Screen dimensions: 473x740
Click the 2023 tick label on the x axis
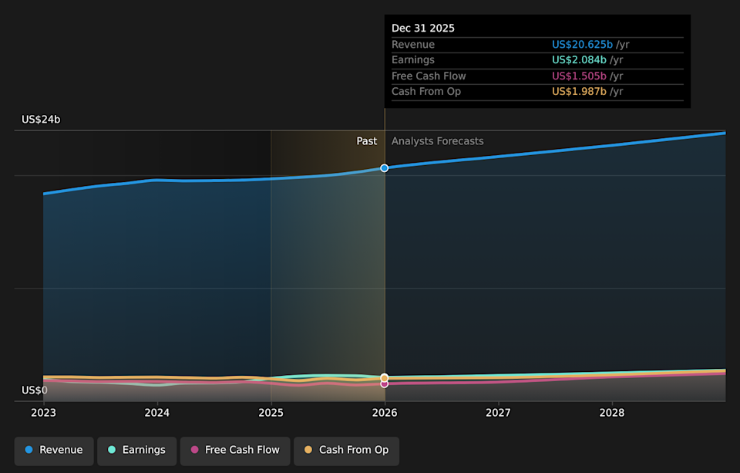pos(43,413)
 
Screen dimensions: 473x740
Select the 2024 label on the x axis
pos(157,413)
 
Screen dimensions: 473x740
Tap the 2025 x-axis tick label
pos(271,413)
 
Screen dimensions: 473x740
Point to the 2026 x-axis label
pos(385,413)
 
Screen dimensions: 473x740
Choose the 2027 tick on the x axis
pos(498,413)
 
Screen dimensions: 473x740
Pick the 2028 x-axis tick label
pos(612,413)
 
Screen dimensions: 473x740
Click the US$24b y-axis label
pos(41,120)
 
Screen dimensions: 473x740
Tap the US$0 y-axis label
pos(34,390)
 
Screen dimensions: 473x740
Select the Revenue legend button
pos(54,450)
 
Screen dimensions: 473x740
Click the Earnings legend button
pos(136,450)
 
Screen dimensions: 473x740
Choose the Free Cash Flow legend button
pos(235,450)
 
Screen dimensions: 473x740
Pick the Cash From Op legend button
pos(346,450)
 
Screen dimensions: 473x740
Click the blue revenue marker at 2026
pos(385,167)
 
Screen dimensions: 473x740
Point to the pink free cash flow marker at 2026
pos(385,383)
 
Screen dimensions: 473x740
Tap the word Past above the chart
pos(367,141)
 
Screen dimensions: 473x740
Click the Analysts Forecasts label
pos(437,141)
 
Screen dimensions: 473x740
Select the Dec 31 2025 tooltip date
pos(423,29)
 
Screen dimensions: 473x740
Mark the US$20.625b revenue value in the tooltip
pos(582,45)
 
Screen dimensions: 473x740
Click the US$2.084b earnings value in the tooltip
pos(579,60)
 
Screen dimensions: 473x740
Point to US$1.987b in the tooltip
pos(579,92)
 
